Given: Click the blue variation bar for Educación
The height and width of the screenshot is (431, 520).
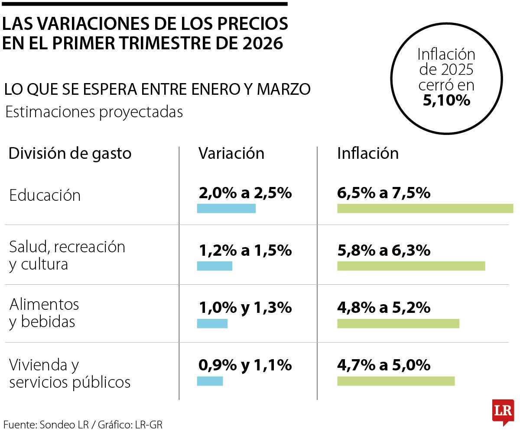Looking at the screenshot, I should coord(226,208).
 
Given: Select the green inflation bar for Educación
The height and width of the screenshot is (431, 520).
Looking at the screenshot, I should coord(425,208).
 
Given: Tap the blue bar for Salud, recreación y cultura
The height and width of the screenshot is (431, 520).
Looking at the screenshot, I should coord(214,266).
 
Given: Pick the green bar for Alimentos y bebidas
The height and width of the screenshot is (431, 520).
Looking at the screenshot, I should coord(398,323).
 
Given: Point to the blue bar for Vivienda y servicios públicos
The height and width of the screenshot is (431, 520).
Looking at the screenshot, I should coord(210,381).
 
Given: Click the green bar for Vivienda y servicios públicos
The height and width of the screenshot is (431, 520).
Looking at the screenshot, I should coord(396,381).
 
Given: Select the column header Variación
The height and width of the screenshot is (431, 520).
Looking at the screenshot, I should coord(231,154).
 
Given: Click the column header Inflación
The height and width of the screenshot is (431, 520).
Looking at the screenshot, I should coord(367,154).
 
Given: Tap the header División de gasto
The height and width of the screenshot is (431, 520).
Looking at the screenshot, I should coord(70,154).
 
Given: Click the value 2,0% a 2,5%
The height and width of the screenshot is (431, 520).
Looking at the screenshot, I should coord(245,193).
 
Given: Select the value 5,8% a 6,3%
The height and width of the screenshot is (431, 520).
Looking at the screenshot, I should coord(383,251).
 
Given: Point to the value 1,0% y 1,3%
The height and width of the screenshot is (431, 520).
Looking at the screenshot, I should coord(245,308).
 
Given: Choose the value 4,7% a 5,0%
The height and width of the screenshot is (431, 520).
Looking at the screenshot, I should coord(383,366).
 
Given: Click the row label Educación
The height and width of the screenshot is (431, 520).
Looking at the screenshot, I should coord(45,196).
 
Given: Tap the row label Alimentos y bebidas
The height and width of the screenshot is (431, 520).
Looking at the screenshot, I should coord(44,313).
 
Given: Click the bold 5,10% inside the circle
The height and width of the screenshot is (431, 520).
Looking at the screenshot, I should coord(446,100).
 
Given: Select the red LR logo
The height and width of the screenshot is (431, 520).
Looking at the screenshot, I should coord(503,412).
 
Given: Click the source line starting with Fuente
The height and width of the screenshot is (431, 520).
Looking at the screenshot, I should coord(82,425).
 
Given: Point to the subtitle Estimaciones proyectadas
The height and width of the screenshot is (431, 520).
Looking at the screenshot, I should coord(94,112).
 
